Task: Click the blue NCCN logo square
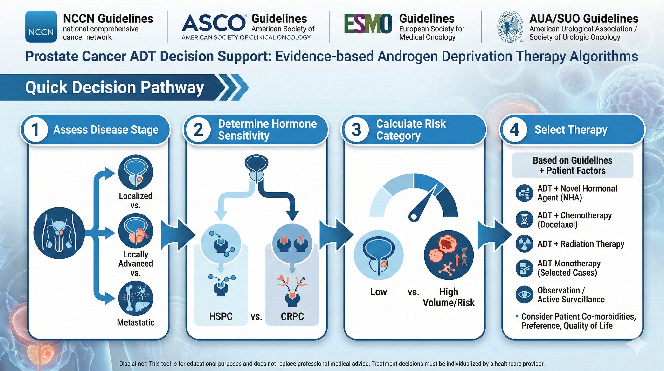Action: (41, 27)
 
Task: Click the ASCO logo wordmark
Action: (214, 23)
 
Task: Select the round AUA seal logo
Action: (510, 27)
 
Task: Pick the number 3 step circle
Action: (356, 129)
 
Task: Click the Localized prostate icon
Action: (136, 172)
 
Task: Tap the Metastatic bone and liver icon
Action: (136, 299)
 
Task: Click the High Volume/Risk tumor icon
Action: (449, 255)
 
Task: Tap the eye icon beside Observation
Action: (524, 294)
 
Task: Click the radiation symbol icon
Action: (524, 244)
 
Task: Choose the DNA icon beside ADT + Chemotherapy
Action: (524, 219)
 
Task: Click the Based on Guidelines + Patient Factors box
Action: (572, 165)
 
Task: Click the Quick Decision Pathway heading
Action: (114, 87)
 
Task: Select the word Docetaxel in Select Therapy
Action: (558, 224)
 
